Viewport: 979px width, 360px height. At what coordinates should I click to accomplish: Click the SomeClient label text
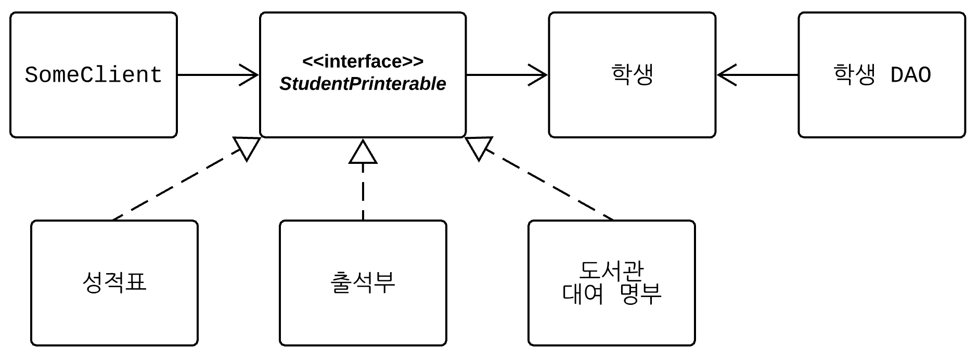[94, 75]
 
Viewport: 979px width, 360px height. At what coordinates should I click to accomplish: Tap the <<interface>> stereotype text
[363, 61]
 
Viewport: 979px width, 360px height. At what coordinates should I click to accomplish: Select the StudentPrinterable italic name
[363, 84]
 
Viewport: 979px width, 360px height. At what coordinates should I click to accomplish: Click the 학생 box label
[632, 74]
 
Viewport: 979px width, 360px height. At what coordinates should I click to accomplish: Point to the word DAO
[910, 75]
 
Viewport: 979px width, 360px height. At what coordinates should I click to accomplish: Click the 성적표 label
[114, 282]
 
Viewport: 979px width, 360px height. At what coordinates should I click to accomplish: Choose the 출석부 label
[363, 282]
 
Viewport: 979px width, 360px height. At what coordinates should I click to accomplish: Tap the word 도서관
[611, 271]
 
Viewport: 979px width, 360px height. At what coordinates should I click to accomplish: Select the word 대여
[583, 294]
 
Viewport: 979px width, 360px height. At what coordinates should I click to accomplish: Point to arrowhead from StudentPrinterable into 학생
[539, 75]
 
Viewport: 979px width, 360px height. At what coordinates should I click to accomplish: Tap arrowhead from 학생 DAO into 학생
[726, 75]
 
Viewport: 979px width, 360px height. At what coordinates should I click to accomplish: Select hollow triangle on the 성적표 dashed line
[247, 147]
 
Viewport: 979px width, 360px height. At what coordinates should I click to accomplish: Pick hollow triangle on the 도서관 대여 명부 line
[478, 147]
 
